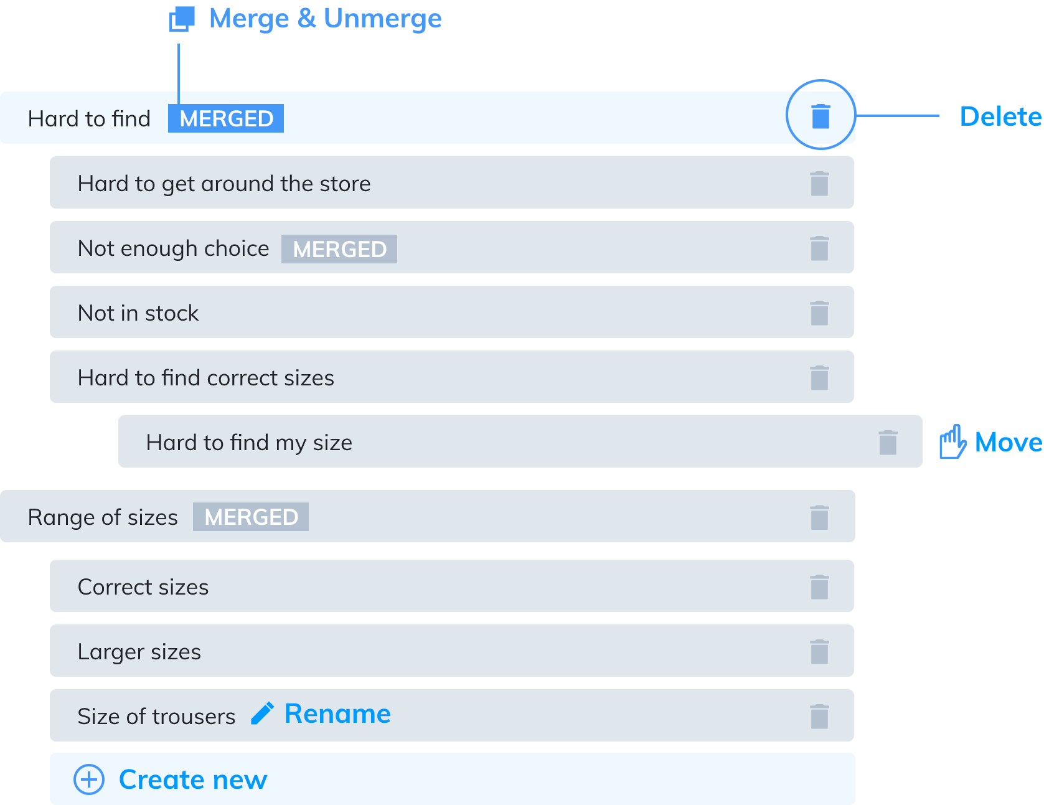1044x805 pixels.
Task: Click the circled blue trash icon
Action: click(x=821, y=116)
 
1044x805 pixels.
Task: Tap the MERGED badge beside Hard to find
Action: click(x=226, y=118)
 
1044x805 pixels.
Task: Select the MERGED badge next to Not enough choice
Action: click(x=339, y=249)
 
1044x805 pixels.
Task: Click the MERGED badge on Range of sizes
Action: click(x=251, y=517)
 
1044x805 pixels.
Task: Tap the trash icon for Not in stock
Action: click(x=819, y=313)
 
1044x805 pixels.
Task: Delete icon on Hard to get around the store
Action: click(x=819, y=184)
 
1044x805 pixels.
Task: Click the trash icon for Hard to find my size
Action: click(x=888, y=443)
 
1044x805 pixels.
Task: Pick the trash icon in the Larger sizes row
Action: click(x=819, y=652)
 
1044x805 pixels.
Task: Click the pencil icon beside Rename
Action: click(x=262, y=713)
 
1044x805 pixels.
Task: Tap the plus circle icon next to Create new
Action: click(x=89, y=779)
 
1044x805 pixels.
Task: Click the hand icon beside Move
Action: click(x=952, y=442)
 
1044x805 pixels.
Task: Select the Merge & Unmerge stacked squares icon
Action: click(x=182, y=19)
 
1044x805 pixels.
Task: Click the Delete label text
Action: click(x=1001, y=116)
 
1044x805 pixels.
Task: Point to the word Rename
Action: click(x=337, y=713)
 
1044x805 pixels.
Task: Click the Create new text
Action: click(x=193, y=779)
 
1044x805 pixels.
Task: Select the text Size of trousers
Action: click(x=156, y=717)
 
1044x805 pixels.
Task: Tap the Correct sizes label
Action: click(x=143, y=587)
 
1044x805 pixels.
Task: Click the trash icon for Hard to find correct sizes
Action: click(x=819, y=378)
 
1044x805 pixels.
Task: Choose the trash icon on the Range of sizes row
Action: click(x=819, y=517)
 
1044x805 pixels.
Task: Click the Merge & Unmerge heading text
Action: click(x=326, y=19)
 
